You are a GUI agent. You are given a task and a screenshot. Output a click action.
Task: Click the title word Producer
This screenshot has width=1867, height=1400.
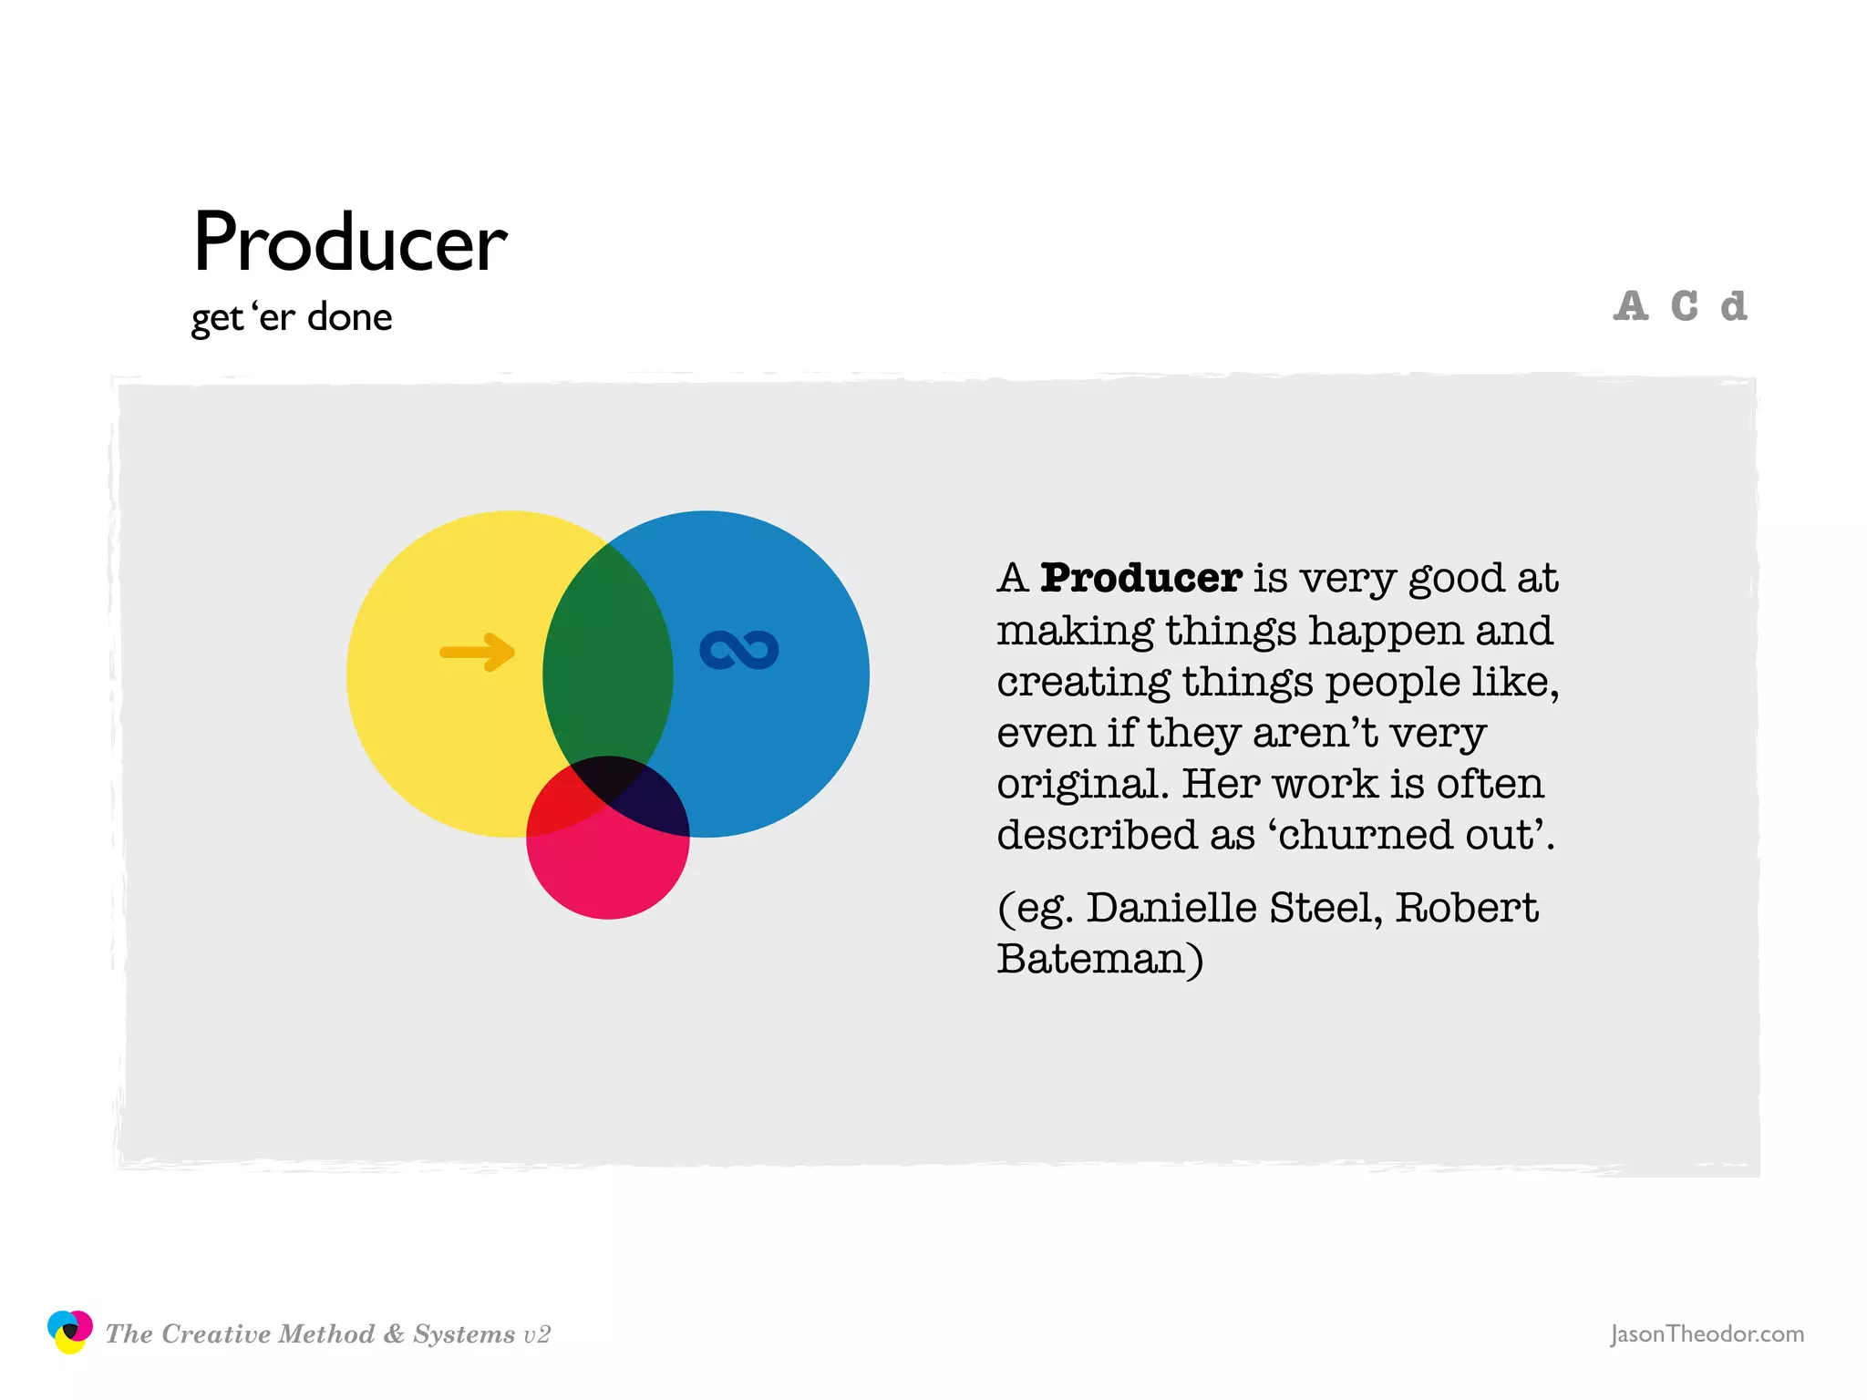[x=349, y=242]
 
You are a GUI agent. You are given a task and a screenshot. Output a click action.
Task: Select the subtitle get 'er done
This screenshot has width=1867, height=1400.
[x=291, y=317]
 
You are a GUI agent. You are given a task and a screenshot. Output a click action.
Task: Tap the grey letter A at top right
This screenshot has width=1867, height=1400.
[x=1630, y=306]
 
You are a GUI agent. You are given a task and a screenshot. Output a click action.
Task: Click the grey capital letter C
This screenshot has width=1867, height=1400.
[x=1684, y=306]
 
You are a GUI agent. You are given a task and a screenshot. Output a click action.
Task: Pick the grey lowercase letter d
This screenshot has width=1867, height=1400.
[x=1733, y=306]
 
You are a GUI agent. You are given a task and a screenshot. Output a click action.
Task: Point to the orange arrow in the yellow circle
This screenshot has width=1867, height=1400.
[x=478, y=652]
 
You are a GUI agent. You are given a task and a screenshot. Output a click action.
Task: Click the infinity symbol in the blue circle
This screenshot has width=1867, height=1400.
[x=738, y=650]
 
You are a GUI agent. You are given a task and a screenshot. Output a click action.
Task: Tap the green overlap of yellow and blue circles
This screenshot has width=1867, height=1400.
[x=607, y=665]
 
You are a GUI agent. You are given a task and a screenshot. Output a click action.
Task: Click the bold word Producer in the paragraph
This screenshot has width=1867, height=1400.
[x=1140, y=578]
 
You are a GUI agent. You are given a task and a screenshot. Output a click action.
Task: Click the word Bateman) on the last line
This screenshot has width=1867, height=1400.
[x=1099, y=959]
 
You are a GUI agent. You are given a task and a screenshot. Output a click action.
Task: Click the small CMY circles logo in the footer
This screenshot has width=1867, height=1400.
[x=69, y=1332]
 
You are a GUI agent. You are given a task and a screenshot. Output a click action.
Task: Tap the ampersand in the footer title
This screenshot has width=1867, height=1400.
[x=394, y=1333]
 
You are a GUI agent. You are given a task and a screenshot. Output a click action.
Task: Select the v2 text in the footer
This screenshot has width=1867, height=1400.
[x=537, y=1334]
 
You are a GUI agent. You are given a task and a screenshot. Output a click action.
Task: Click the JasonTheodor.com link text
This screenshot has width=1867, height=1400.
[x=1707, y=1333]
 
